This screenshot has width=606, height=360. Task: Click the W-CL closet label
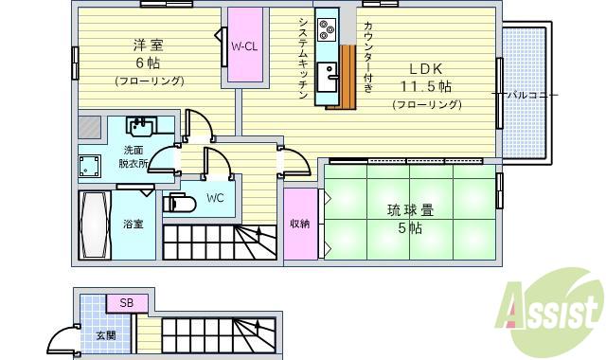pos(244,46)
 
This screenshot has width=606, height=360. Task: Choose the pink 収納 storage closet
pos(300,224)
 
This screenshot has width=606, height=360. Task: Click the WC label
pos(215,199)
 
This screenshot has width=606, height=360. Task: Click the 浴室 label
pos(133,225)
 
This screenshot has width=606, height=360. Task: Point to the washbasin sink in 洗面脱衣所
pos(142,127)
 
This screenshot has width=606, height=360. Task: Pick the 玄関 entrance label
pos(104,334)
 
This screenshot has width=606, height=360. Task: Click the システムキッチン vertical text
pos(302,58)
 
